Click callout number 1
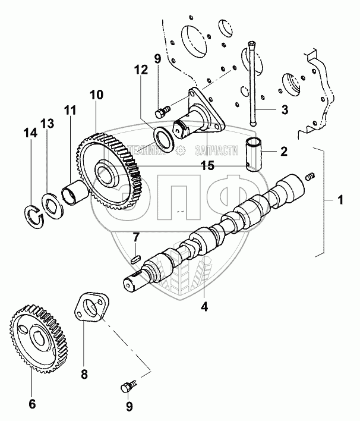(x=340, y=203)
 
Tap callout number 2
(x=284, y=152)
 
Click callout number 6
(x=32, y=404)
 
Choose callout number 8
(x=84, y=375)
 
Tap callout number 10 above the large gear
(x=97, y=95)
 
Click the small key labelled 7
(x=134, y=259)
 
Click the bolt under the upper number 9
(x=162, y=111)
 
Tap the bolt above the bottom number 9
(x=127, y=388)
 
